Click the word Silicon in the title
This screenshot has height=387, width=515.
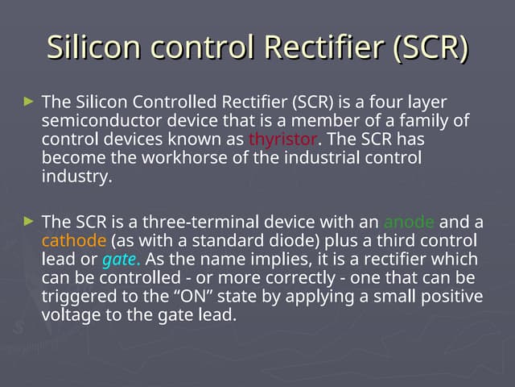click(x=89, y=48)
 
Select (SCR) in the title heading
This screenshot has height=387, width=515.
click(x=431, y=48)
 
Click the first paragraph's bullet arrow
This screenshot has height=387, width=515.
click(x=30, y=102)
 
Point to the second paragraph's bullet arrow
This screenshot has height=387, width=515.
click(x=30, y=220)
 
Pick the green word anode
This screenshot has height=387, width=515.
click(x=409, y=222)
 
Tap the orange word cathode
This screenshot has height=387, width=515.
click(x=74, y=241)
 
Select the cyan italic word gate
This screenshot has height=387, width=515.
click(x=121, y=260)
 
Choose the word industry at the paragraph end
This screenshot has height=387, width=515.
click(x=76, y=177)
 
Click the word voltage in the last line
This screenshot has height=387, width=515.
click(x=72, y=315)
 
